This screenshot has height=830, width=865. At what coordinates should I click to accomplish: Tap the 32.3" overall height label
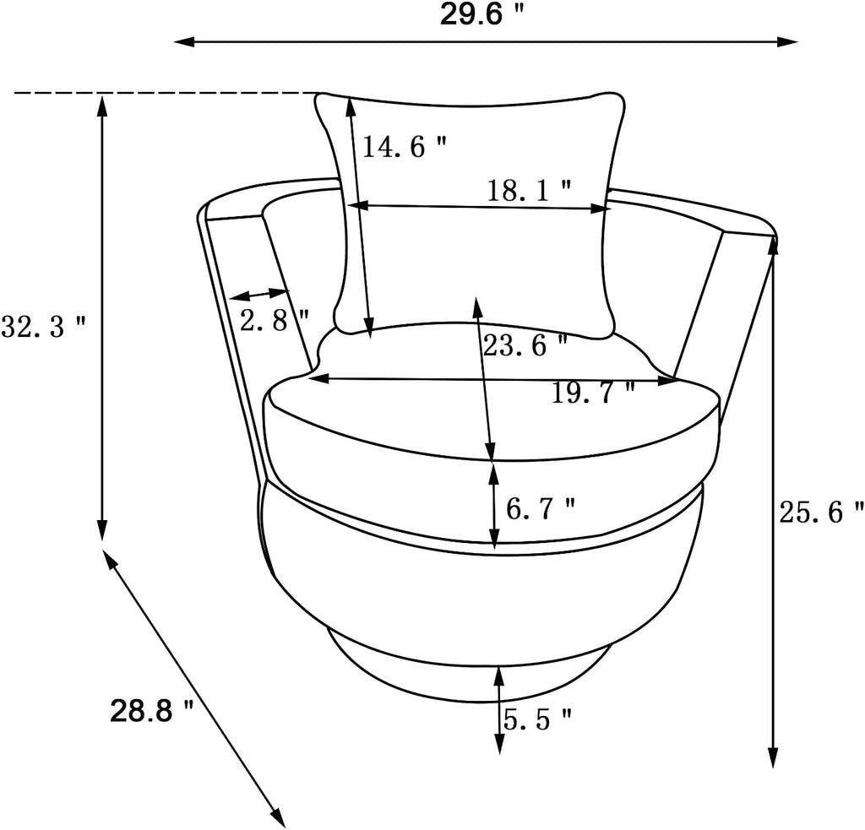click(x=44, y=327)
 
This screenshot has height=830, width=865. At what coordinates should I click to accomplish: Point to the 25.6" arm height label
click(x=821, y=512)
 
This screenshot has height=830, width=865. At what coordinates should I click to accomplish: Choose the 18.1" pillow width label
click(x=529, y=191)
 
